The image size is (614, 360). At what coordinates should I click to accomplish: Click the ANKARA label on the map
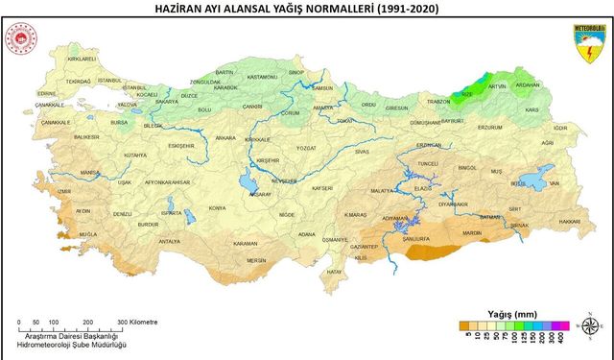pos(226,138)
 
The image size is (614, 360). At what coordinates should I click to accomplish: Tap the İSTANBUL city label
pos(111,82)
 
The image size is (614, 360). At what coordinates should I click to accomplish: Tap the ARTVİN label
pos(497,86)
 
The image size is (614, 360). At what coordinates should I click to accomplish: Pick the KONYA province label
pos(218,207)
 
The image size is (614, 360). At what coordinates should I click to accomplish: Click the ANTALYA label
pos(169,242)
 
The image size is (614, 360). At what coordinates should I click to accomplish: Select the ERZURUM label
pos(490,127)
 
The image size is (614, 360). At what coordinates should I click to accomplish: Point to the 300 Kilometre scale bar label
pos(138,322)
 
